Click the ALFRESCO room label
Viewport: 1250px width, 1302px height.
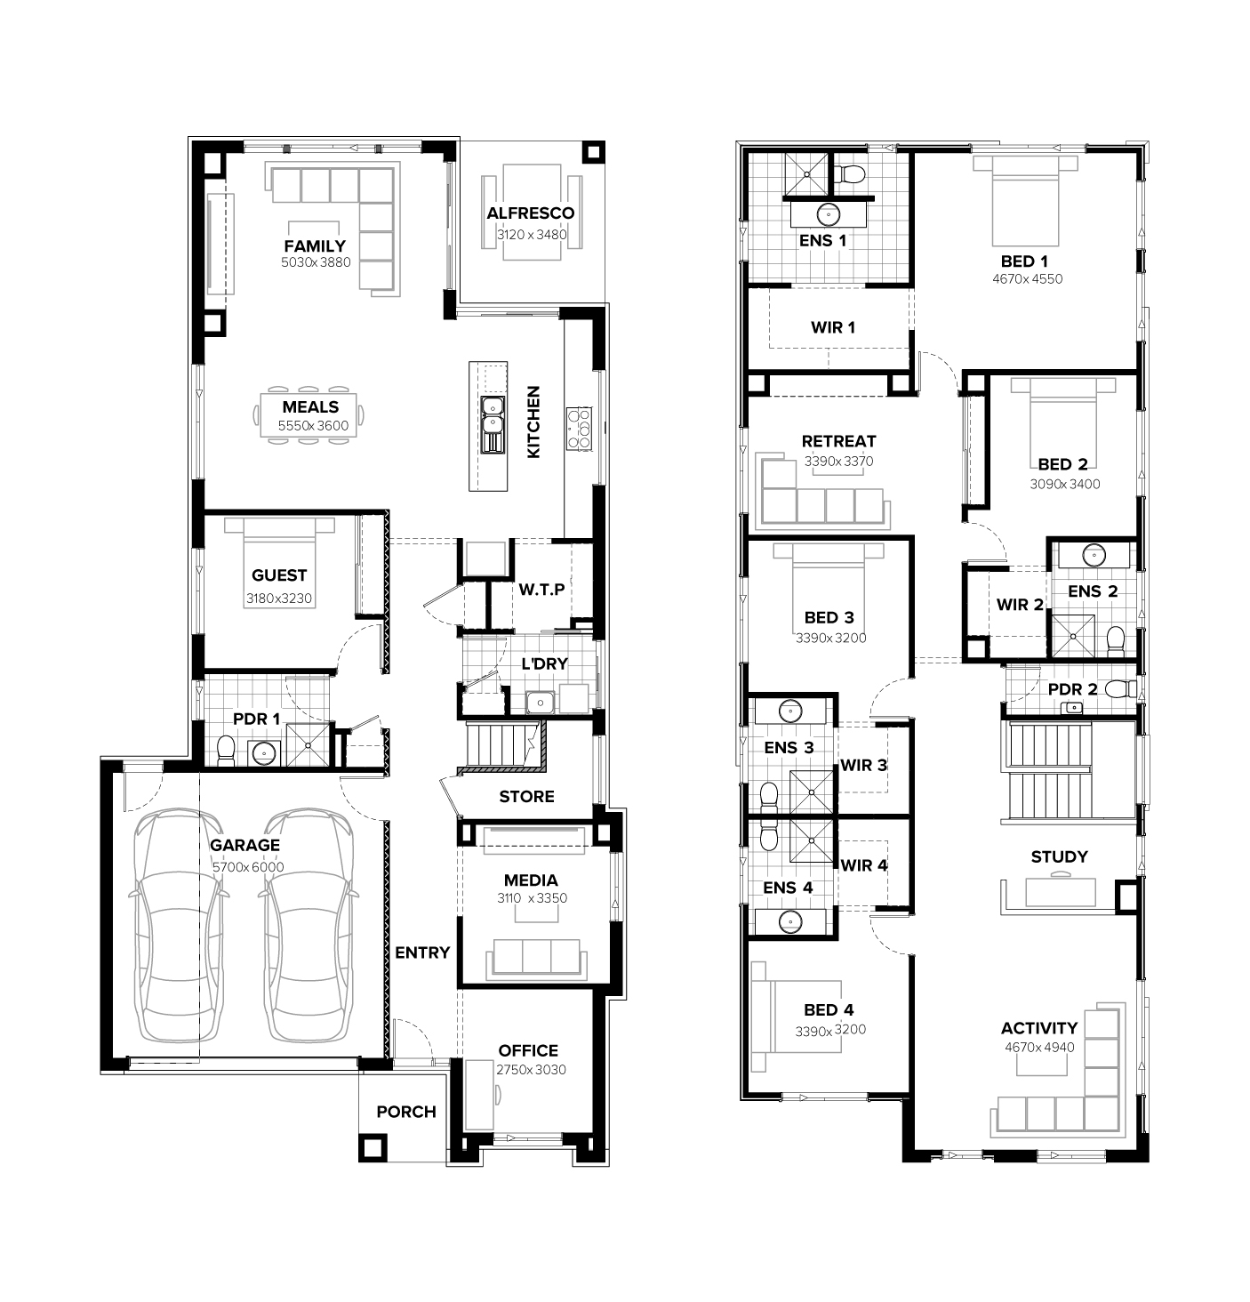[530, 213]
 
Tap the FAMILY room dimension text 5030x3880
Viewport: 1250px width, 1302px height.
[316, 262]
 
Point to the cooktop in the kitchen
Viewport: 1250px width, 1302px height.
[579, 428]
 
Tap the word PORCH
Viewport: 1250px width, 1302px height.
[405, 1112]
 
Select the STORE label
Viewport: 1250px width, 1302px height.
[526, 797]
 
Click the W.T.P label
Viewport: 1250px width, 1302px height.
[541, 589]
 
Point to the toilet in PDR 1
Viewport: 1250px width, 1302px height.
[226, 750]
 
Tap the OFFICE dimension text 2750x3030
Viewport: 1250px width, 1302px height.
[531, 1070]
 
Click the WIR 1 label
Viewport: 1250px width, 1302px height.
[832, 327]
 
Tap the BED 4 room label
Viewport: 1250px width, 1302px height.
[829, 1009]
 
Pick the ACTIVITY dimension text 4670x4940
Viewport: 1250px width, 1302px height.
[1039, 1047]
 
